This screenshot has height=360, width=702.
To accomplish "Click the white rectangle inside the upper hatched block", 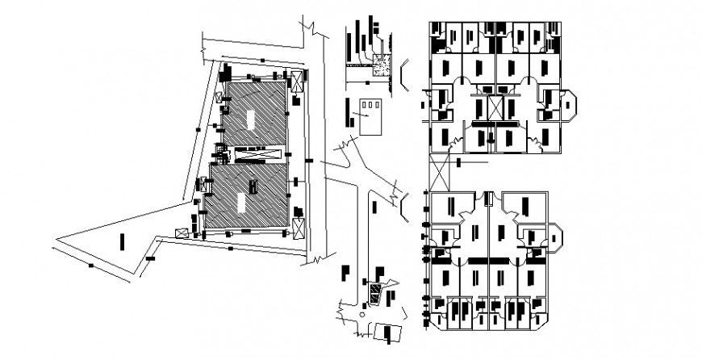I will point(252,118).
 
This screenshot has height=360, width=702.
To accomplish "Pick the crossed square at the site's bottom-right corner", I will point(299,228).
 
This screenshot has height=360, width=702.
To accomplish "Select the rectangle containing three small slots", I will point(368,116).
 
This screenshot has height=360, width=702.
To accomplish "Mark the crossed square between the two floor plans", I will point(441,171).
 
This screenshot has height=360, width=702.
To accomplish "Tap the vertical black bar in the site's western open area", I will point(122,241).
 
